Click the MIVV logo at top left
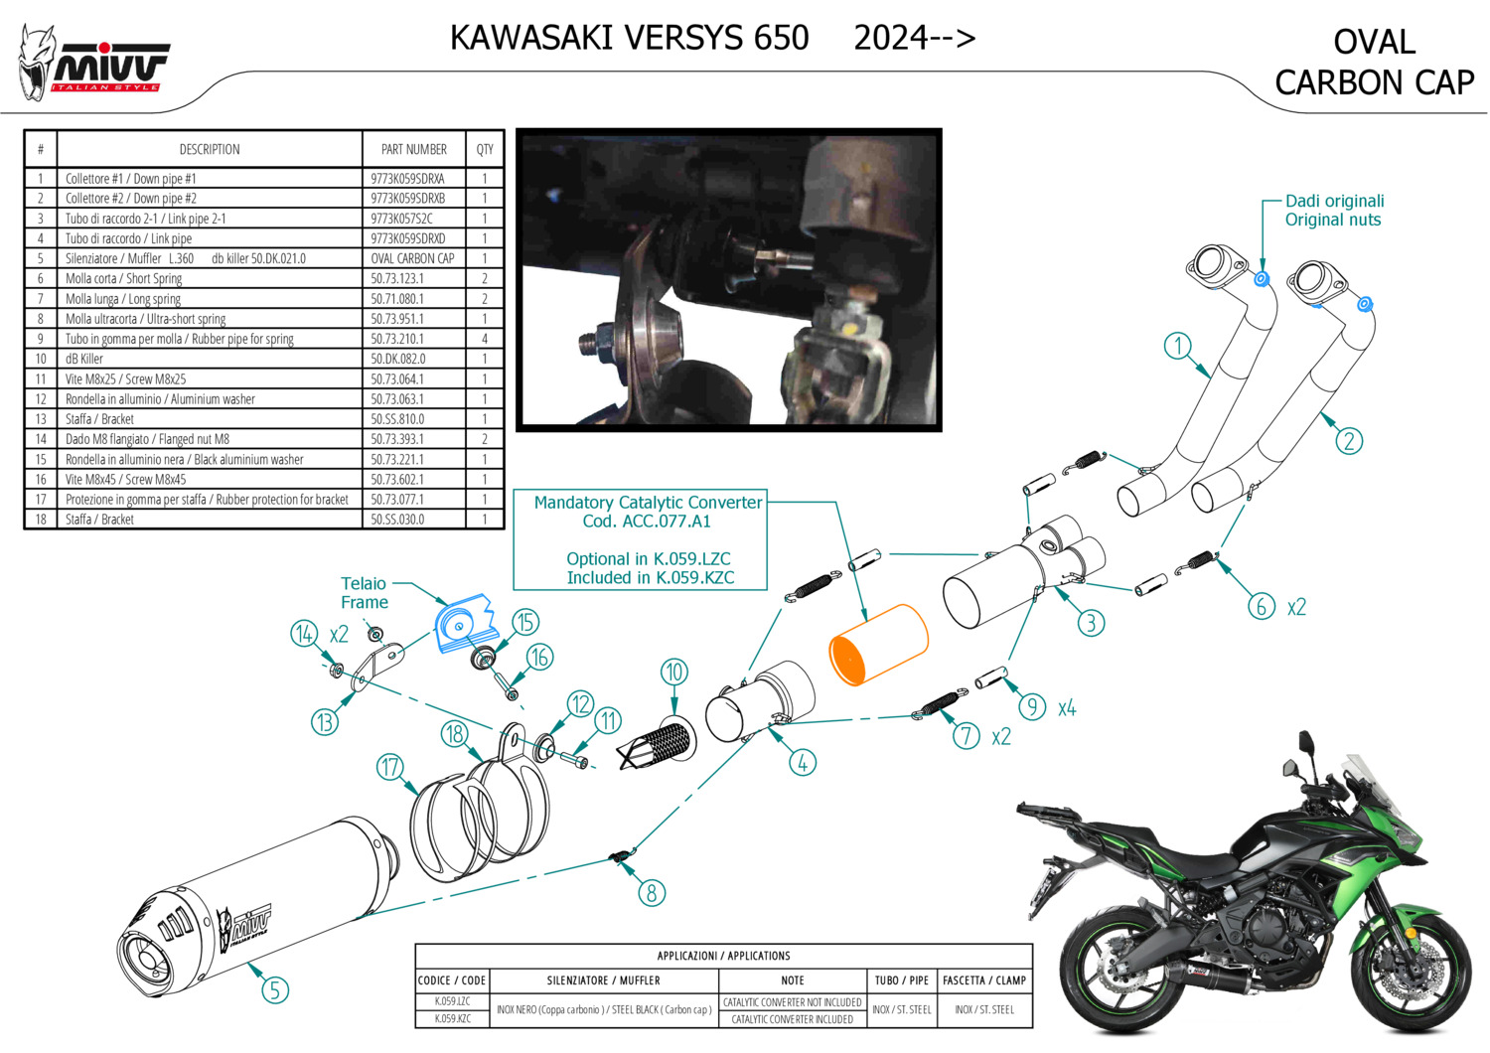point(93,64)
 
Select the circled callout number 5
point(275,990)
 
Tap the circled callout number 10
point(673,672)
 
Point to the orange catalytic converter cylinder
point(878,644)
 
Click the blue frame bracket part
point(466,624)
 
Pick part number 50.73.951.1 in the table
point(397,319)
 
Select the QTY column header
point(485,149)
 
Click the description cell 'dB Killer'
point(83,359)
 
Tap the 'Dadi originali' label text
point(1334,201)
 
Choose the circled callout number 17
point(389,767)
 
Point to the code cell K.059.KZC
point(452,1018)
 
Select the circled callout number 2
point(1348,441)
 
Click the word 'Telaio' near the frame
point(364,583)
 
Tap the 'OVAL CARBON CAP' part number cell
point(412,258)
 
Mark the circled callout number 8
point(652,893)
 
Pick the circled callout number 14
point(304,634)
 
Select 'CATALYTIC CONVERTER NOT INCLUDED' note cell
point(792,1002)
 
